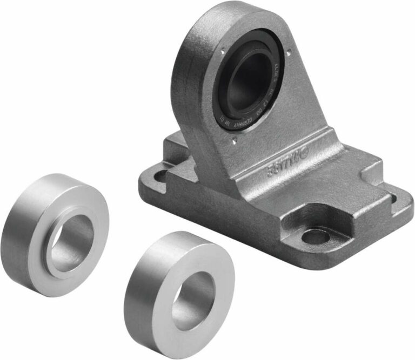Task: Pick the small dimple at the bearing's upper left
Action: click(x=222, y=52)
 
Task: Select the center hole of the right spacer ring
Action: click(x=193, y=300)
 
